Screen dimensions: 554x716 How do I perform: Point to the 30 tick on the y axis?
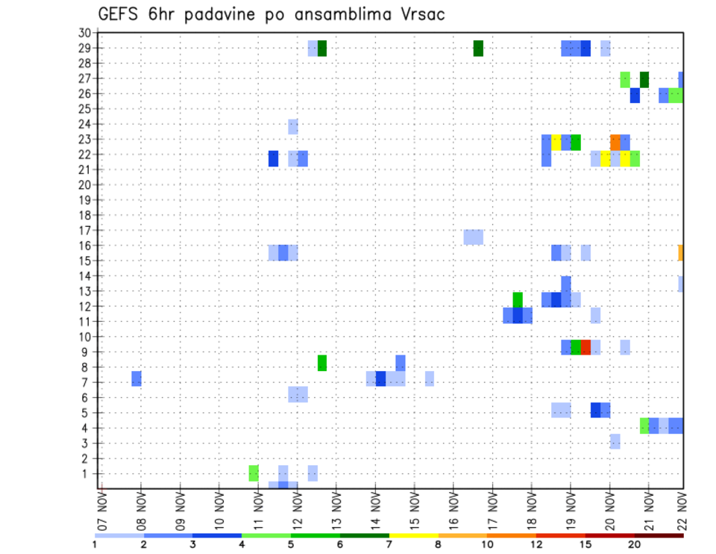click(x=84, y=33)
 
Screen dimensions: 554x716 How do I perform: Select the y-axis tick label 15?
click(x=84, y=261)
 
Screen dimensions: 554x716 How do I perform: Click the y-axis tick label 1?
click(x=87, y=473)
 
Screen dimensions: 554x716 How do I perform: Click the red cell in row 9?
click(x=585, y=347)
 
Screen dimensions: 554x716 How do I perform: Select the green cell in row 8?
click(x=322, y=363)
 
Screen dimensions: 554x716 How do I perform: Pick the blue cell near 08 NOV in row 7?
click(x=136, y=379)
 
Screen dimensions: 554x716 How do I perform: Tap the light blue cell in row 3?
click(x=615, y=441)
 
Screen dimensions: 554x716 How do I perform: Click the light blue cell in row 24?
click(x=293, y=126)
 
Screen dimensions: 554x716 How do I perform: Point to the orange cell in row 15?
click(x=681, y=253)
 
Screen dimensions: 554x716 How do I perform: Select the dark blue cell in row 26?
click(x=635, y=96)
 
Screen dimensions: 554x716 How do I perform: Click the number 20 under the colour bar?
click(x=634, y=544)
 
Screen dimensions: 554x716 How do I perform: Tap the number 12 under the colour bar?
click(x=536, y=544)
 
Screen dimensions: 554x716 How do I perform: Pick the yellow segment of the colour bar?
click(x=413, y=535)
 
